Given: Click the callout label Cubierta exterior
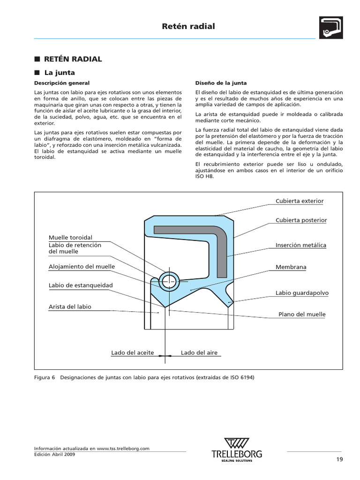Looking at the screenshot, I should click(x=299, y=201).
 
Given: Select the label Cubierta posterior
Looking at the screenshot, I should click(x=301, y=220).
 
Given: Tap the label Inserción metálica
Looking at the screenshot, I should click(x=301, y=245).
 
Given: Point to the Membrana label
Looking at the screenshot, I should click(x=291, y=267).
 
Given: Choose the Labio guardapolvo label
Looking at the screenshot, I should click(x=302, y=293).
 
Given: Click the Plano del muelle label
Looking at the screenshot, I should click(x=302, y=315).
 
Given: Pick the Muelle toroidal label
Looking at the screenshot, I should click(x=70, y=238).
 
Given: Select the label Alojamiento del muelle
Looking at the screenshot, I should click(x=82, y=267).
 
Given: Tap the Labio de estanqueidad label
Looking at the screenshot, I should click(x=81, y=285).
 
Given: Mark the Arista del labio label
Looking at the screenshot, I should click(x=70, y=307).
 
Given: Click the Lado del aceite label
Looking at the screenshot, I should click(x=133, y=352).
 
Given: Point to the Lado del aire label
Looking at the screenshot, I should click(x=199, y=352).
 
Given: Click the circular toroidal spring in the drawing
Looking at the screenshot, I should click(x=168, y=281).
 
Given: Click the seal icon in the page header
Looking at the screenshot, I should click(x=331, y=27).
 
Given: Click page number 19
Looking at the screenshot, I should click(x=340, y=459).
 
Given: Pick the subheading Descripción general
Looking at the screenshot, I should click(x=61, y=83).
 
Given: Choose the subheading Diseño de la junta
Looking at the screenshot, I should click(x=221, y=83).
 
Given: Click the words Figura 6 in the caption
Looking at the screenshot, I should click(x=45, y=377).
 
